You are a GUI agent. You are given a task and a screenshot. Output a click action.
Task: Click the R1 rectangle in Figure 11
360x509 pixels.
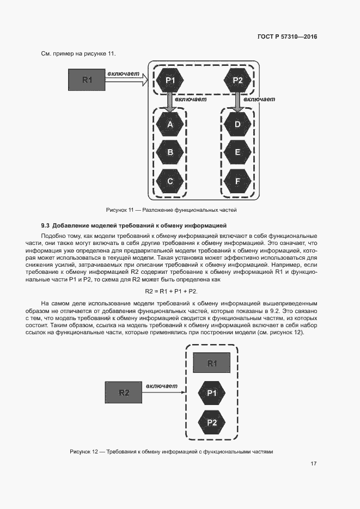[x=87, y=80]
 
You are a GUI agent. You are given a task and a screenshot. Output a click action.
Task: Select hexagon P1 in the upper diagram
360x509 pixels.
[x=170, y=81]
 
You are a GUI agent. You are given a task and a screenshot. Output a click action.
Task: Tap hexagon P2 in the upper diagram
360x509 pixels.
[x=237, y=81]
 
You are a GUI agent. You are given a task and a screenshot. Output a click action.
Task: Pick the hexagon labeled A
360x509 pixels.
[x=170, y=125]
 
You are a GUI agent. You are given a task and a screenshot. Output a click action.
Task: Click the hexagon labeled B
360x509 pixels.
[x=170, y=153]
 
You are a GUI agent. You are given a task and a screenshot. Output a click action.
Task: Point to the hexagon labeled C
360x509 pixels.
[x=170, y=181]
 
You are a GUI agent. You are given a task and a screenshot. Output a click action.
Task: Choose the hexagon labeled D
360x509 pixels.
[x=237, y=125]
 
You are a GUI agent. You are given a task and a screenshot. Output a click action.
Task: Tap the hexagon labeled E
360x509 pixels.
[x=237, y=153]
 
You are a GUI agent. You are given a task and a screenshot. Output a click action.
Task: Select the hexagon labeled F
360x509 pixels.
[x=237, y=181]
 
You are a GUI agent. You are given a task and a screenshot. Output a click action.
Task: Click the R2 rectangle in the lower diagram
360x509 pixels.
[x=124, y=393]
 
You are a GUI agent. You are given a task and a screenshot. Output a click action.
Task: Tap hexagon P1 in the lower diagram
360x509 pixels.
[x=212, y=393]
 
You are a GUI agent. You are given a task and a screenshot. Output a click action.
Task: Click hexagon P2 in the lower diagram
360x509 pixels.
[x=212, y=422]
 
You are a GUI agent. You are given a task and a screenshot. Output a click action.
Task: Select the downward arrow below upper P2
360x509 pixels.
[x=237, y=101]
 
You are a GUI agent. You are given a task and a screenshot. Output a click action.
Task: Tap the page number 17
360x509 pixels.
[x=314, y=463]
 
